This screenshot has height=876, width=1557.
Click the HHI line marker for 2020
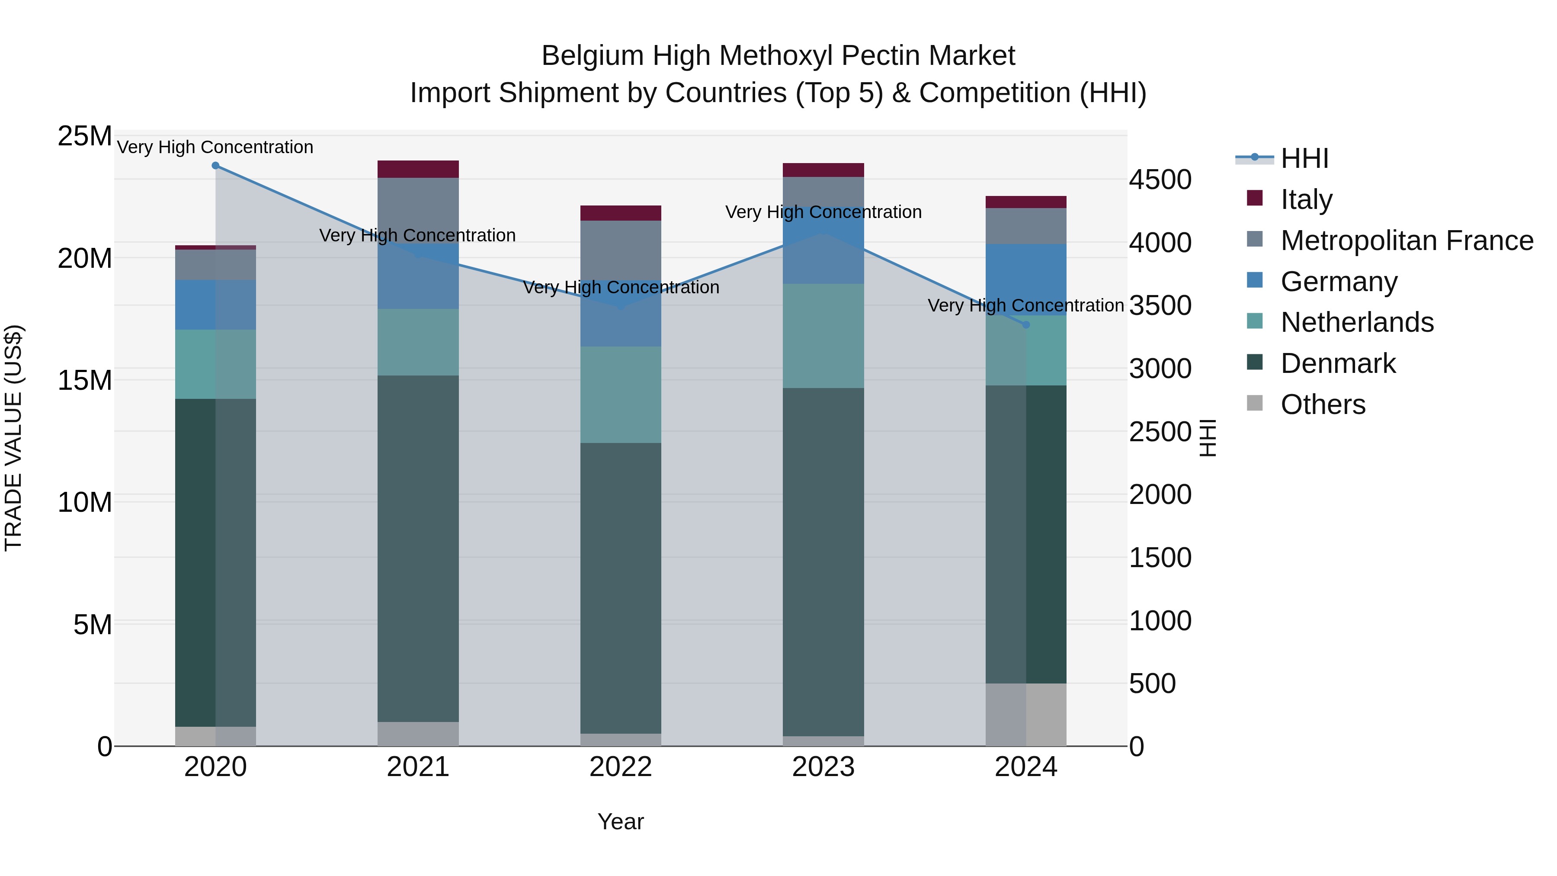(215, 166)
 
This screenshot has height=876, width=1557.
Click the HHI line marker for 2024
(1026, 324)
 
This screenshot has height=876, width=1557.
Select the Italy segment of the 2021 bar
(418, 169)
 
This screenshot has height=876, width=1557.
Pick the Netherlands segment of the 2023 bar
(823, 336)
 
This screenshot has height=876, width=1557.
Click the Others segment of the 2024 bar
(1026, 715)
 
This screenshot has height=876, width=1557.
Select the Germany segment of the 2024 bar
(1026, 279)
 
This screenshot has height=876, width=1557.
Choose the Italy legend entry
(1306, 199)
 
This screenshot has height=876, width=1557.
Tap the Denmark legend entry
(1338, 363)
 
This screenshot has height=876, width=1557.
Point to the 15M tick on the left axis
(85, 380)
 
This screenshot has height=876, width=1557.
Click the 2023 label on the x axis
(823, 767)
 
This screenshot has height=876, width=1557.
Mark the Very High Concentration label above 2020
(215, 147)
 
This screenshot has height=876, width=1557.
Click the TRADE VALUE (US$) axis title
(13, 438)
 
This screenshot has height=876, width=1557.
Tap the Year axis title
(621, 821)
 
